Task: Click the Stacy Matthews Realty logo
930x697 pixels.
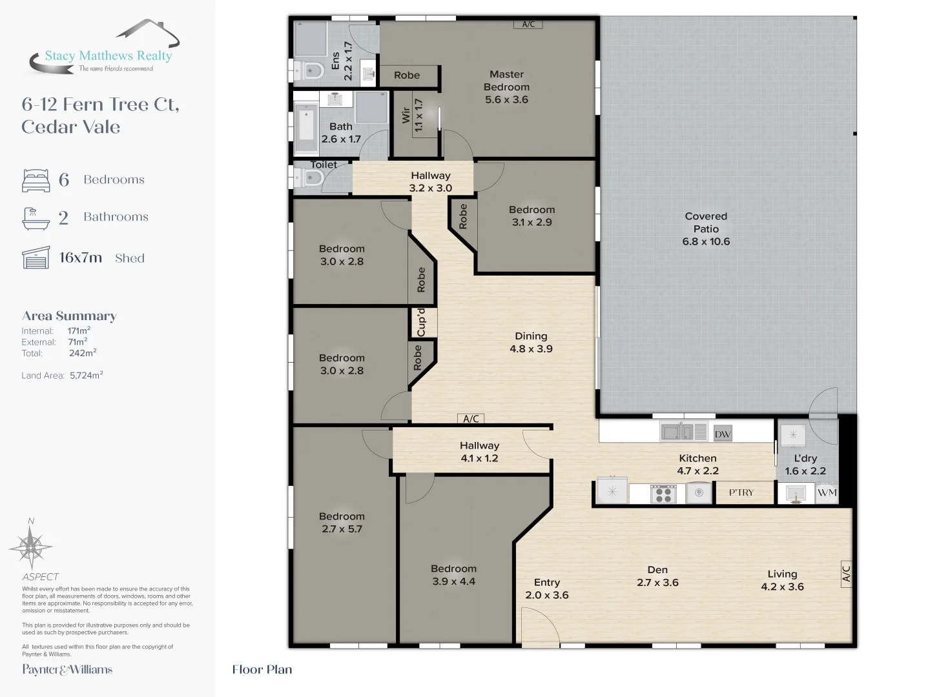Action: [103, 48]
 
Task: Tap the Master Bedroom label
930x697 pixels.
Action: [506, 81]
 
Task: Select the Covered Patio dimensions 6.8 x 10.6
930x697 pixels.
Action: [706, 242]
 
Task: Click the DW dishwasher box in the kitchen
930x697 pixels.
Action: [722, 434]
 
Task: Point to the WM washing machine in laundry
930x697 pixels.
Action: [827, 493]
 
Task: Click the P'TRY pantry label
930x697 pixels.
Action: [741, 493]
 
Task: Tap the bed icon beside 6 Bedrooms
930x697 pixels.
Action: [36, 181]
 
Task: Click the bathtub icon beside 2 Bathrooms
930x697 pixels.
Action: [36, 218]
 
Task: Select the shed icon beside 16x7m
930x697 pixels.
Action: [36, 258]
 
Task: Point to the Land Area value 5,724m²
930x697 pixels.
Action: [87, 376]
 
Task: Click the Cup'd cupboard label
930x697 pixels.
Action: [422, 323]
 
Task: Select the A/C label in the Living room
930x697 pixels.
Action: [846, 573]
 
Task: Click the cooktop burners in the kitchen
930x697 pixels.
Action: [662, 494]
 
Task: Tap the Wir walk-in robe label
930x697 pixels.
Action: [406, 116]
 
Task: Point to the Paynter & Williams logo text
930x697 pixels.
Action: [67, 670]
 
